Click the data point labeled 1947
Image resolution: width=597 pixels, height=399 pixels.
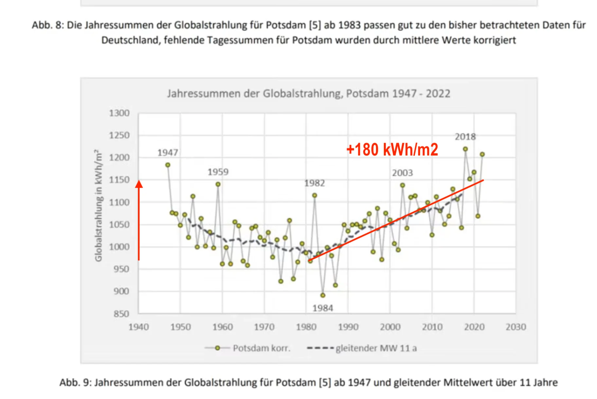click(168, 165)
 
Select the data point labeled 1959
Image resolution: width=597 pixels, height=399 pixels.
click(218, 184)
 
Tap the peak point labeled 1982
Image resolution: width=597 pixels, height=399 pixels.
click(315, 195)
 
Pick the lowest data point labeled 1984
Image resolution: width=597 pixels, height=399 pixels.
click(323, 295)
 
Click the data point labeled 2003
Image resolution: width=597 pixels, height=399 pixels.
click(403, 185)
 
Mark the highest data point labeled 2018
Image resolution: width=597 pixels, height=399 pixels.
click(465, 149)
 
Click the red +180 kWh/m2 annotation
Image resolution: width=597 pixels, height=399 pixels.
click(392, 149)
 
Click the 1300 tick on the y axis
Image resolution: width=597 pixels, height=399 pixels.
click(119, 113)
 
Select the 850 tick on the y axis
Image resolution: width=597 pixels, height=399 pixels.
click(121, 314)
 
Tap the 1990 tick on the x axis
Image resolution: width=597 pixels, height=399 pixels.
click(348, 327)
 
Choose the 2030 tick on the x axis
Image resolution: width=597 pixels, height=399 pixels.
click(516, 327)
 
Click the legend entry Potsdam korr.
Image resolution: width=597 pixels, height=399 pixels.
click(261, 348)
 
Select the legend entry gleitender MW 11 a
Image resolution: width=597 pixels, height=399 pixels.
click(376, 348)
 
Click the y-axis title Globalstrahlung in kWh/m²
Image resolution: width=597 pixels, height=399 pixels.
click(98, 205)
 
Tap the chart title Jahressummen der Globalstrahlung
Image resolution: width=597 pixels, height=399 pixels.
click(308, 94)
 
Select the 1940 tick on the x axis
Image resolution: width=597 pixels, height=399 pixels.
click(138, 327)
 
